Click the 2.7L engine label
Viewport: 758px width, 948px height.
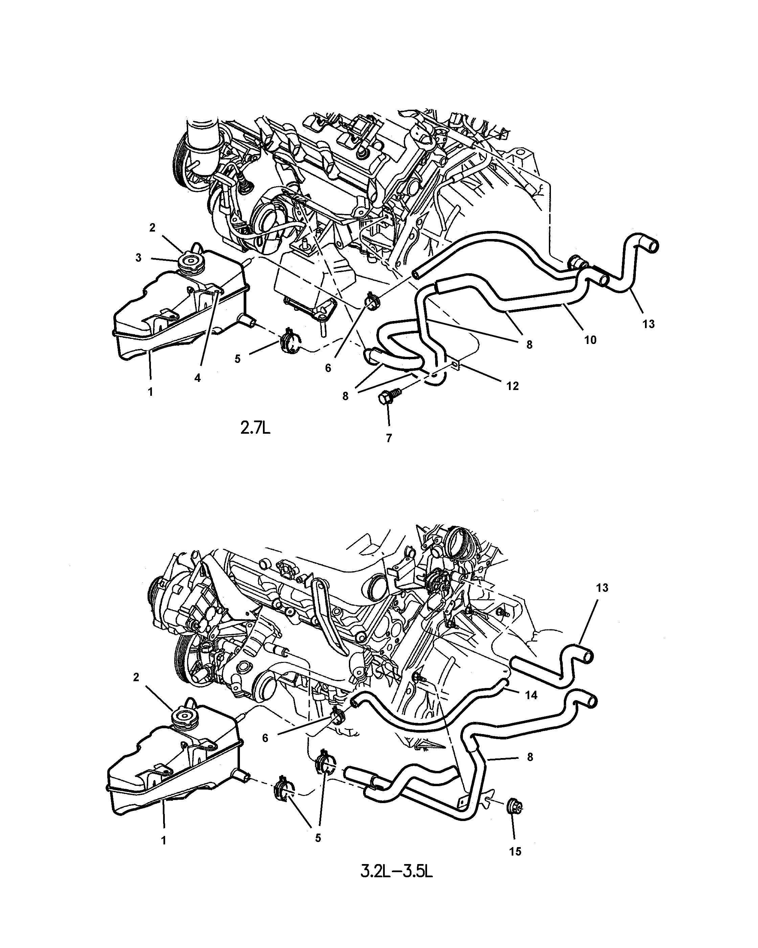[x=255, y=428]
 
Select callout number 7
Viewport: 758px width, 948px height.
[x=389, y=438]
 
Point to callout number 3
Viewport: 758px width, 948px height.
[x=138, y=258]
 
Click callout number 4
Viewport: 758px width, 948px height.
[x=198, y=378]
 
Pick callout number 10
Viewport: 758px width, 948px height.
[x=590, y=340]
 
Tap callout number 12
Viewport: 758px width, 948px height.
[x=512, y=386]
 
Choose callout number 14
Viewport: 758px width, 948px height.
[x=531, y=695]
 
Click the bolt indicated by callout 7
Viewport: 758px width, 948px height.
[x=387, y=395]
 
